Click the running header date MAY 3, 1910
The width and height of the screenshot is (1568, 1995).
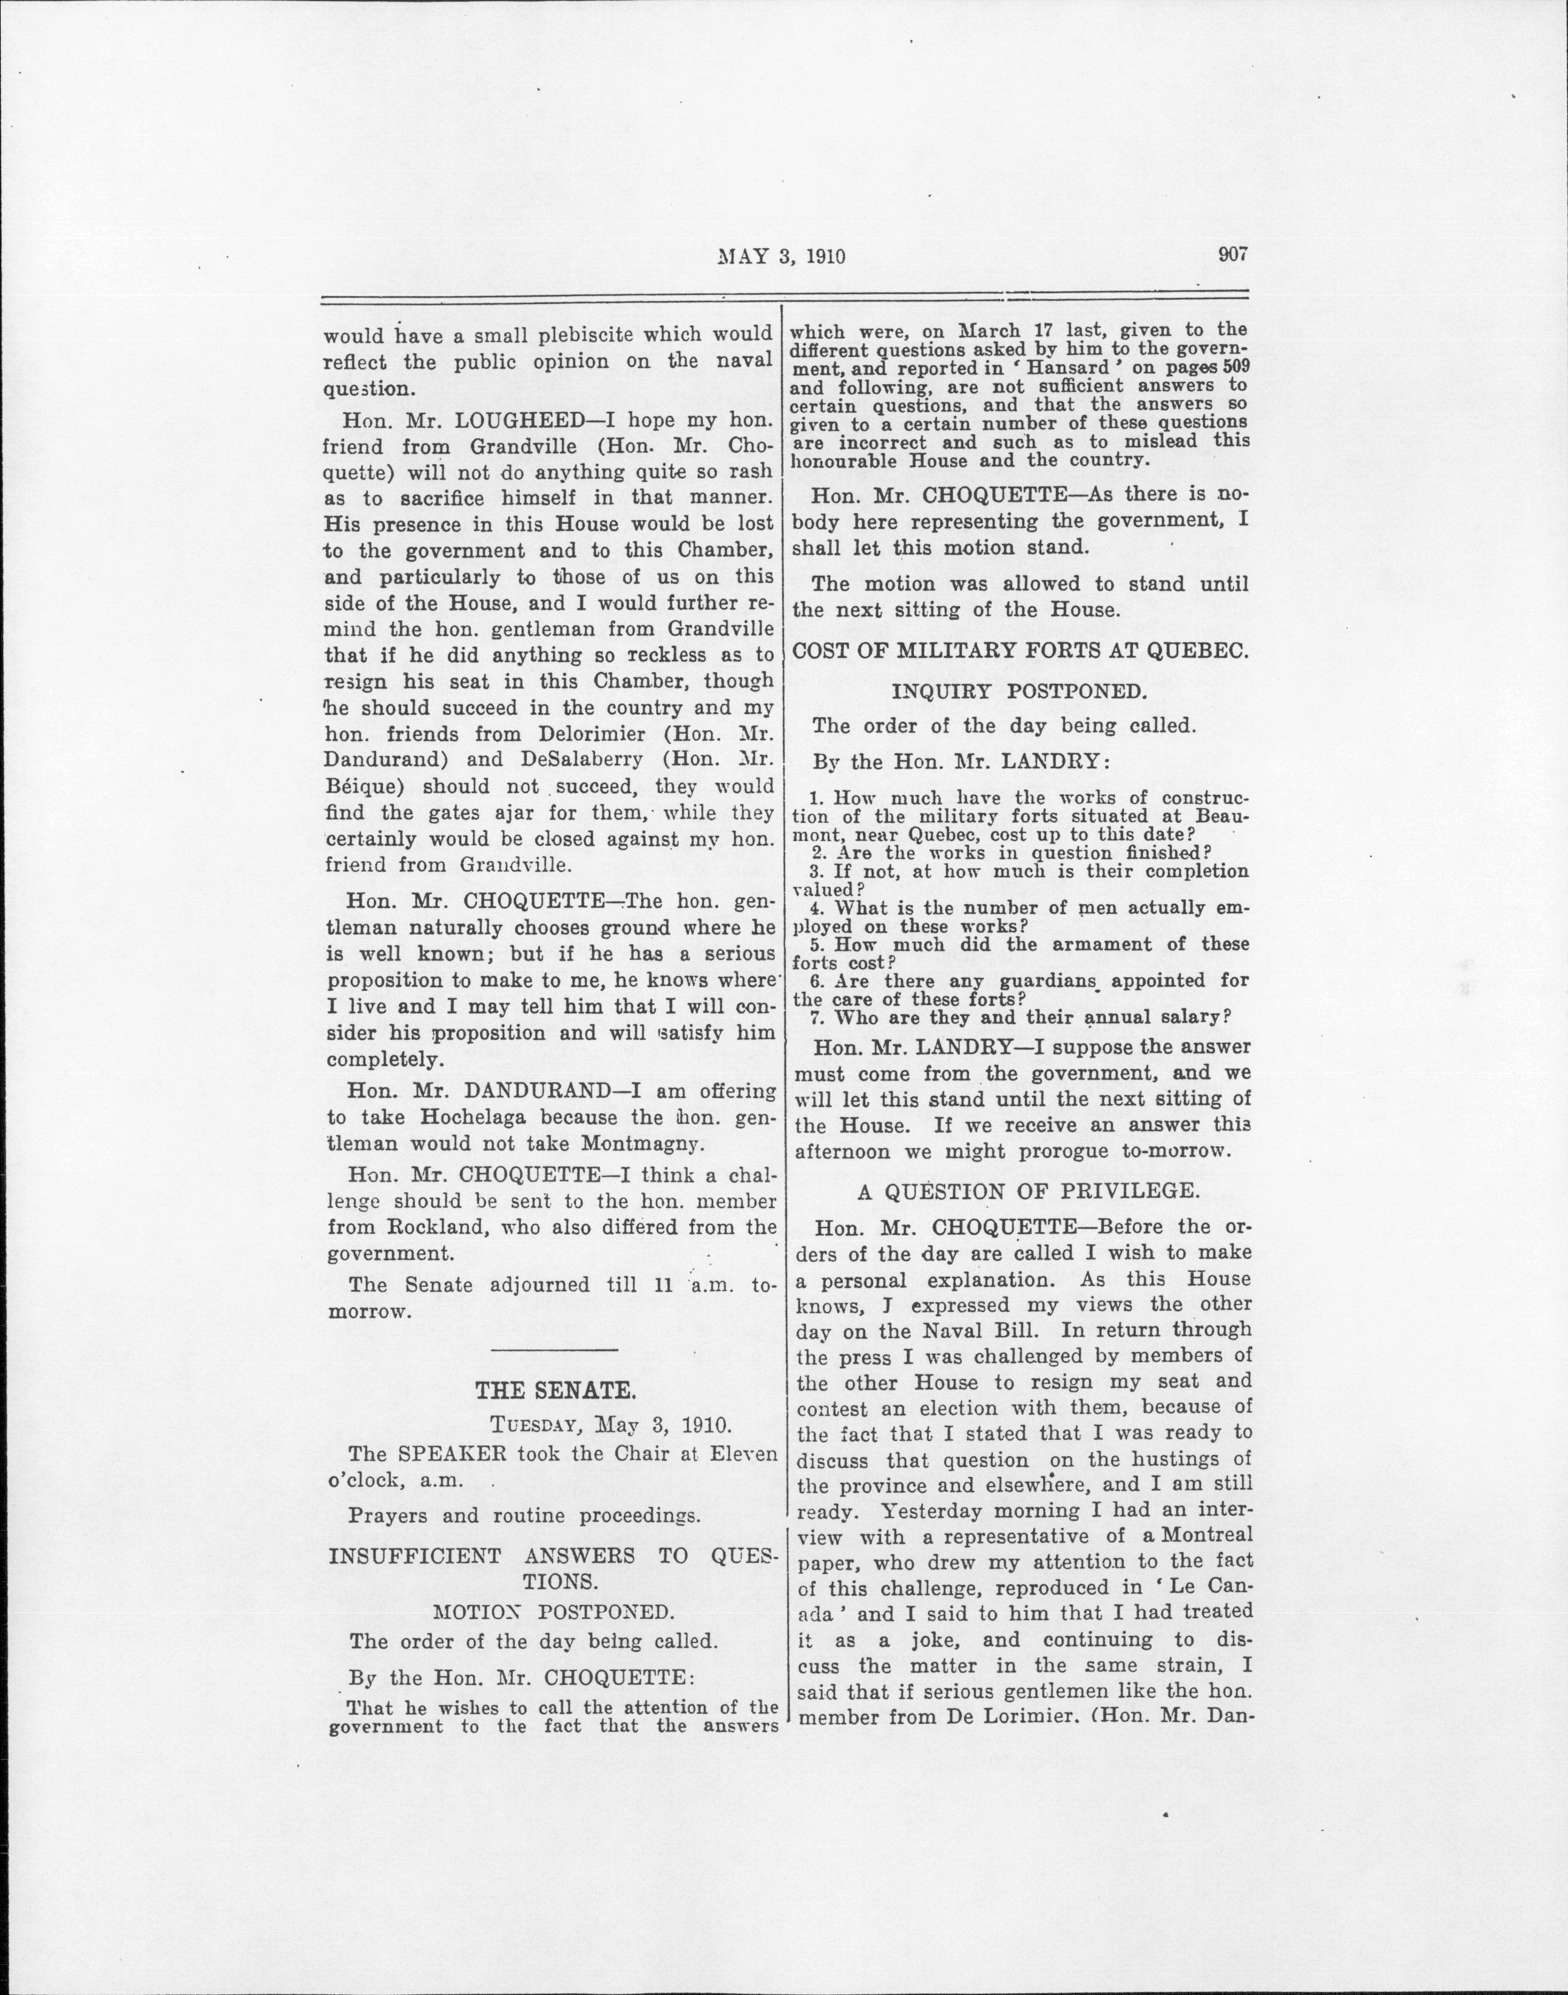(780, 257)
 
